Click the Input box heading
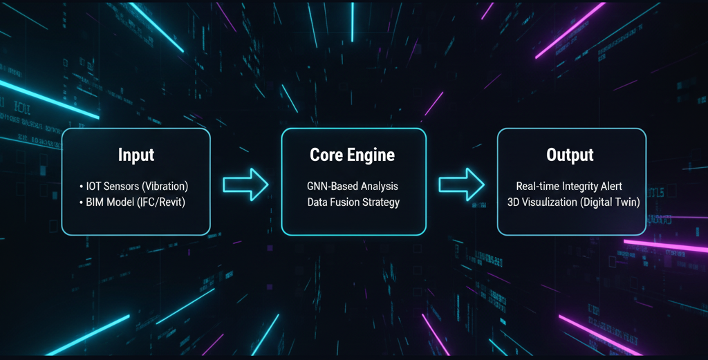click(x=136, y=155)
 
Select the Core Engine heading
click(x=353, y=155)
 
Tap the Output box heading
click(x=570, y=155)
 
